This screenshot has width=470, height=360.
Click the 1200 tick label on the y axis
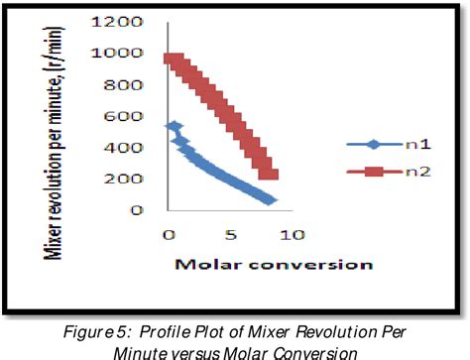point(126,21)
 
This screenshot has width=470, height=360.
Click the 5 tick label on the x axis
point(230,236)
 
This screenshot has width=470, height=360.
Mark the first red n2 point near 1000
point(170,60)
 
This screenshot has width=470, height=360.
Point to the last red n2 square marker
point(269,175)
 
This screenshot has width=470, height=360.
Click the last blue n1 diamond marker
point(269,200)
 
